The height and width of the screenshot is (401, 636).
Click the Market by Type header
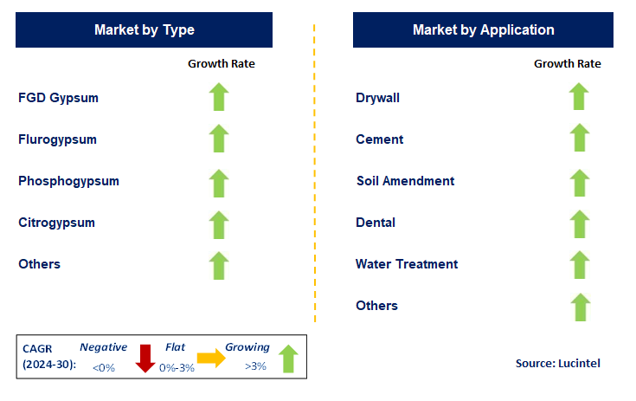pos(145,30)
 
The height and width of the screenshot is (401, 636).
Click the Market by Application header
pos(483,30)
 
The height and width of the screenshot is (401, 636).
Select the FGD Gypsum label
pos(58,98)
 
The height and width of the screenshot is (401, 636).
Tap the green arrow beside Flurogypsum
pos(220,139)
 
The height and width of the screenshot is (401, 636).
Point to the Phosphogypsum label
pos(68,181)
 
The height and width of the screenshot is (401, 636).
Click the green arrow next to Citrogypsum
pos(220,223)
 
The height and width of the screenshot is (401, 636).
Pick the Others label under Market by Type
pos(39,264)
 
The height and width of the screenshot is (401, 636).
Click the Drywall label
pos(378,98)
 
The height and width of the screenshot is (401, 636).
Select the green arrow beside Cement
pos(579,139)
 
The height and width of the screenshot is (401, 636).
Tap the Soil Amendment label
pos(405,181)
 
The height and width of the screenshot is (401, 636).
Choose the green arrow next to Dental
pos(579,223)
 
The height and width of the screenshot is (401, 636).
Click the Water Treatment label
pos(407,264)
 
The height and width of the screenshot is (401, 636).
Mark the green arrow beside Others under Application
pos(579,306)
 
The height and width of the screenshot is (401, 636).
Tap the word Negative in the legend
pos(103,347)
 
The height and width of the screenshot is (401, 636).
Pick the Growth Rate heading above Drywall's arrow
pos(567,63)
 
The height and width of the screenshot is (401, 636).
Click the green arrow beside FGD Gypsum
pos(220,97)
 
